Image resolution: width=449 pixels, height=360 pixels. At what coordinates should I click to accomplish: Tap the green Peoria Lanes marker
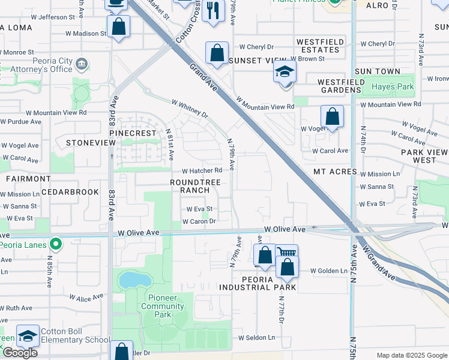click(56, 244)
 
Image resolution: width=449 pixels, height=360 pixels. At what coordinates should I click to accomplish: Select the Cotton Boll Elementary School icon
click(28, 337)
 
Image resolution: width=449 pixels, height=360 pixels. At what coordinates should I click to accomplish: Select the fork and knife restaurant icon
click(213, 11)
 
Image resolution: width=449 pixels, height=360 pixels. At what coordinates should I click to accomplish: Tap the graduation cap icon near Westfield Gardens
click(285, 72)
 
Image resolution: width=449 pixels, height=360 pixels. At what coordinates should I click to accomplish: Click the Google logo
click(20, 353)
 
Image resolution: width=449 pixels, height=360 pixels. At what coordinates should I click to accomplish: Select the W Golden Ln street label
click(329, 271)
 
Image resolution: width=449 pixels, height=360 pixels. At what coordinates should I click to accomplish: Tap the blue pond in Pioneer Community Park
click(134, 280)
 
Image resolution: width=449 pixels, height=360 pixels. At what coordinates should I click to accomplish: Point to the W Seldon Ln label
click(256, 337)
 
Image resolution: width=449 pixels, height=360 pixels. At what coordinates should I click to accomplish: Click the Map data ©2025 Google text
click(411, 355)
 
